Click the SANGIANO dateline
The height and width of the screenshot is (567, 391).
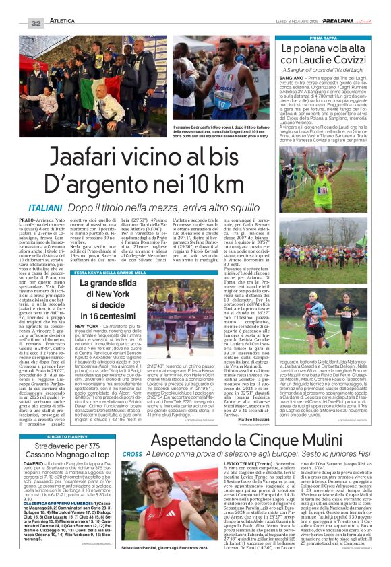click(293, 79)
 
